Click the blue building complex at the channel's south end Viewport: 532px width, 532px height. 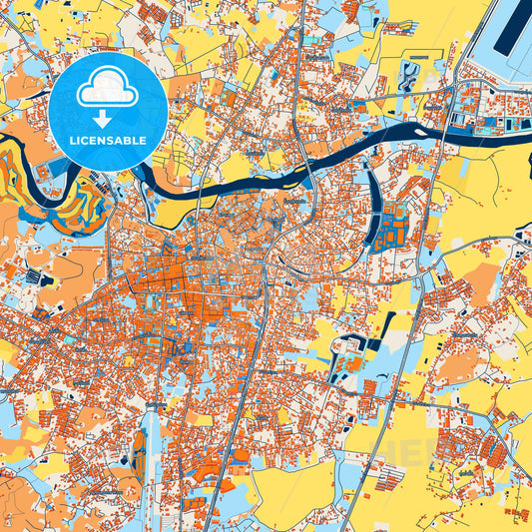[394, 225]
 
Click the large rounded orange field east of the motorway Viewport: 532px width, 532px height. [459, 364]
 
